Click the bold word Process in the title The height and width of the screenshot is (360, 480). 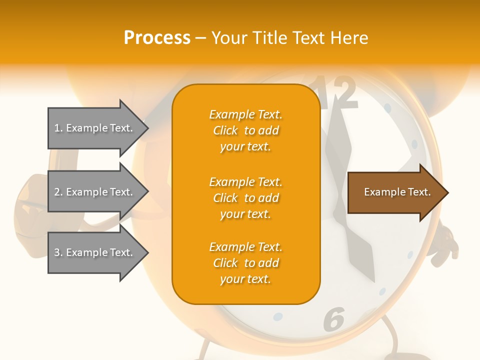(x=157, y=38)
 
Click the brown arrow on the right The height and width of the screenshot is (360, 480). (x=395, y=192)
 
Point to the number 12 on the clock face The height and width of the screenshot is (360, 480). (x=336, y=92)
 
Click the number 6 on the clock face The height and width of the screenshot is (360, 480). (x=334, y=319)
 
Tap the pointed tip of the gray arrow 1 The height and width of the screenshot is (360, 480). (x=146, y=128)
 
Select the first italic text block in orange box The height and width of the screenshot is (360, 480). (x=245, y=130)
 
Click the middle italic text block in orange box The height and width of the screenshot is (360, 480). (x=245, y=198)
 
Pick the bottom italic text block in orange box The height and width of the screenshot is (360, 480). (x=245, y=263)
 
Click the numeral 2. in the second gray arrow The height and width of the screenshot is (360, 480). (x=58, y=192)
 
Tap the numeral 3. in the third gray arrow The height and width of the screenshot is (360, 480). (x=58, y=252)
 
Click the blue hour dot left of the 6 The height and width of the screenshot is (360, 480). (x=278, y=317)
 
